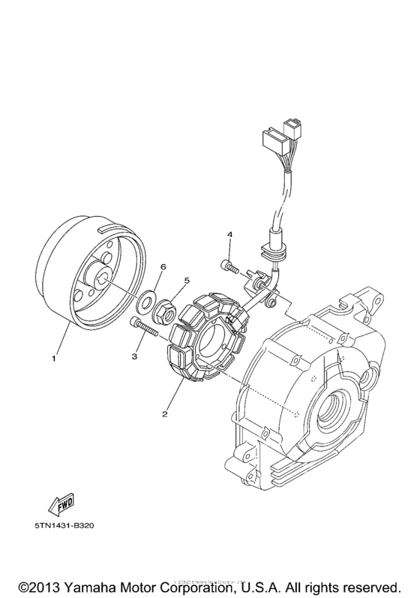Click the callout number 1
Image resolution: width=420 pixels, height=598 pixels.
(x=54, y=359)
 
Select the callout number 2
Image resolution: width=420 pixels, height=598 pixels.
(x=163, y=412)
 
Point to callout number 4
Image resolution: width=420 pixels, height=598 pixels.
(x=230, y=236)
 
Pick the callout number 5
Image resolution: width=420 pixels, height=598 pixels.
(x=177, y=283)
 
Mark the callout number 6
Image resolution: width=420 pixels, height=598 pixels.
(x=163, y=266)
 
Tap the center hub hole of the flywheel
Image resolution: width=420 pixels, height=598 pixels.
(x=100, y=281)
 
